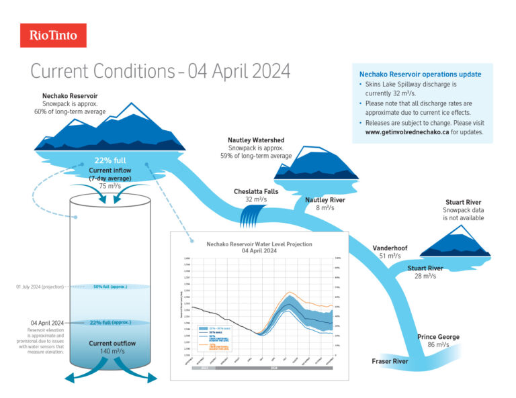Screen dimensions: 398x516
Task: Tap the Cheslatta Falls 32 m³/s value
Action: tap(256, 199)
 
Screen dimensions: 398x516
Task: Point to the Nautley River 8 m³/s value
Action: tap(325, 208)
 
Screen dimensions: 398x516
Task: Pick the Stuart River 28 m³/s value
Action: tap(425, 276)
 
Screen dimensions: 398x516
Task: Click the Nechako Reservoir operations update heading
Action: tap(420, 74)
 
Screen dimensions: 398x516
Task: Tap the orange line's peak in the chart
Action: tap(289, 293)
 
